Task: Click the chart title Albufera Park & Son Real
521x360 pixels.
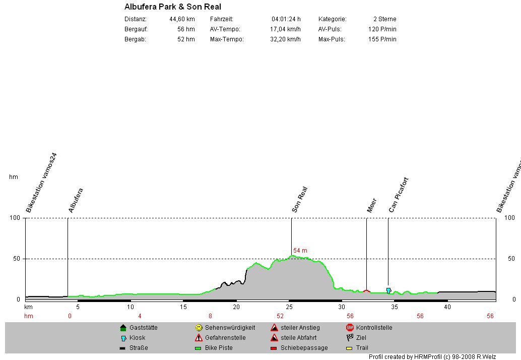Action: (x=172, y=7)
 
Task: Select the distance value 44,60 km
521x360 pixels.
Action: (x=182, y=19)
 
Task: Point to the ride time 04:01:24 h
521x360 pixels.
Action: (x=286, y=19)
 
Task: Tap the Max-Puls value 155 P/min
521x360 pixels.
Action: (x=382, y=39)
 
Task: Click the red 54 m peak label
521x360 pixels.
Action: (x=300, y=251)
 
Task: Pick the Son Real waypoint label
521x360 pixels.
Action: (x=300, y=200)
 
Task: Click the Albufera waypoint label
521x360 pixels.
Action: (x=76, y=200)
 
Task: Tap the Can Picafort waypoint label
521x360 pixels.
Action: (x=399, y=195)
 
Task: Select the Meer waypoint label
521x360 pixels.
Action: (x=372, y=205)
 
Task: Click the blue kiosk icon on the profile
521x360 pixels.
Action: (x=388, y=290)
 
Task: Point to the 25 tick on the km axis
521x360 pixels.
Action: (x=289, y=307)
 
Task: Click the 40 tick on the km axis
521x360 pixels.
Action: (x=447, y=307)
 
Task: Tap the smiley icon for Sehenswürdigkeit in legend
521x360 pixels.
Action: (x=199, y=328)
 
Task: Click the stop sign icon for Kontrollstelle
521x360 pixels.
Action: (x=350, y=328)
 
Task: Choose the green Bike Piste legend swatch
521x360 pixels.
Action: (x=199, y=348)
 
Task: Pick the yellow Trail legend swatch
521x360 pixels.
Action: (x=350, y=348)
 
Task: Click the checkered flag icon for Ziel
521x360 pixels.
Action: (x=350, y=338)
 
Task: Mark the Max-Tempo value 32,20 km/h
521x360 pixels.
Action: (x=285, y=39)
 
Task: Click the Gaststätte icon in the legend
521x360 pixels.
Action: (x=123, y=328)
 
